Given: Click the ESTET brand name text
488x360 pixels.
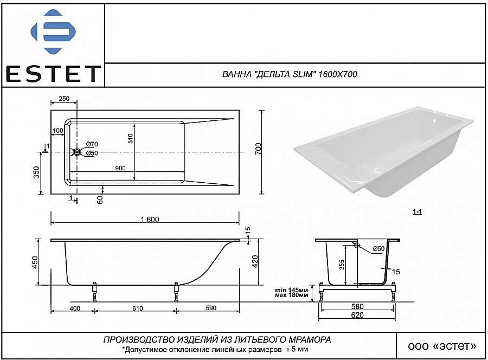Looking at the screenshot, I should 53,73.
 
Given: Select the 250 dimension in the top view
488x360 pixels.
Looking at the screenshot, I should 64,99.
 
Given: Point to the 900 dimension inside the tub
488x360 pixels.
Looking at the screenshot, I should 120,168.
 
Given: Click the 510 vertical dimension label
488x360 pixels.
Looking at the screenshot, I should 131,138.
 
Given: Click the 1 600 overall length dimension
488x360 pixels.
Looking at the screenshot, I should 149,219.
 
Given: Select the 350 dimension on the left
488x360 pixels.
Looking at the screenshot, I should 36,173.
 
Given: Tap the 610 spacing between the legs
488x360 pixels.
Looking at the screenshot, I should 137,308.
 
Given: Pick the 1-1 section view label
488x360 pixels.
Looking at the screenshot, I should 417,212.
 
